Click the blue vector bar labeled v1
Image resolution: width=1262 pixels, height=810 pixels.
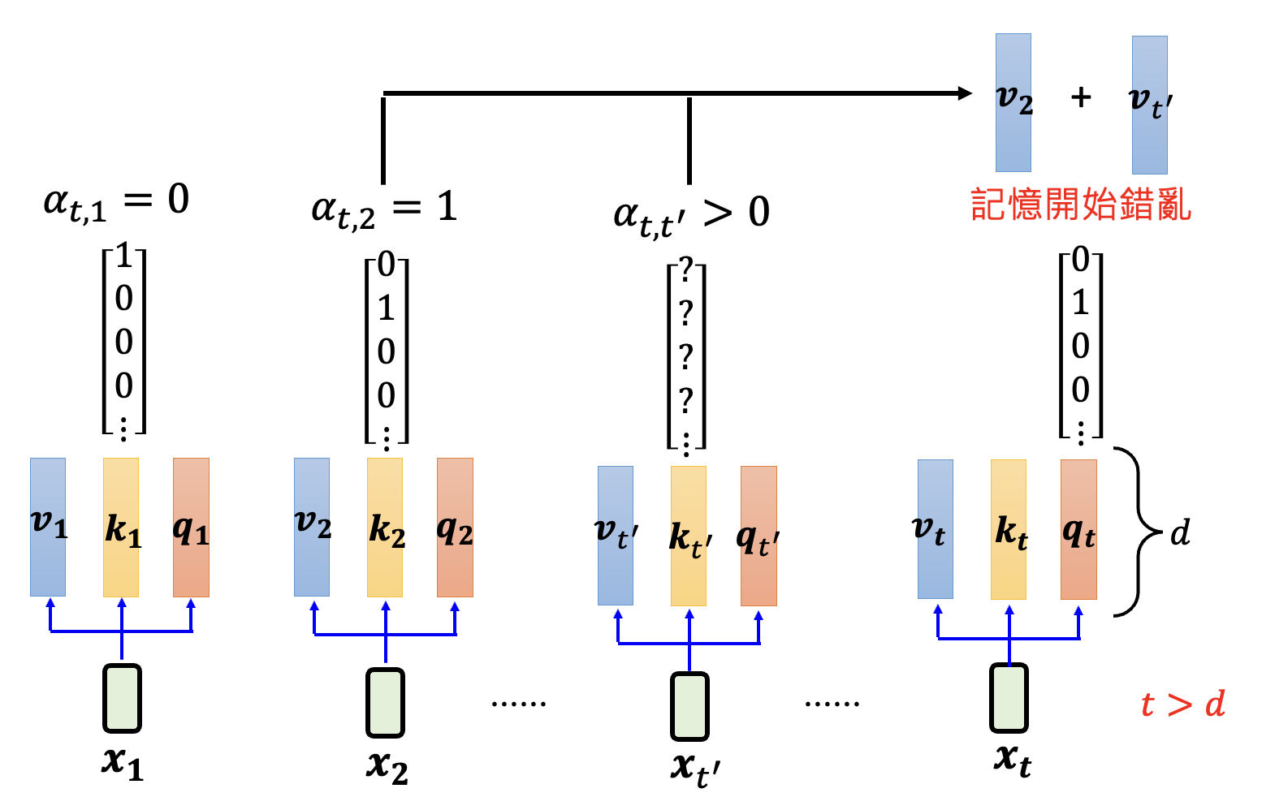click(x=48, y=527)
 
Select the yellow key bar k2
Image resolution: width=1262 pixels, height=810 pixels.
click(x=385, y=527)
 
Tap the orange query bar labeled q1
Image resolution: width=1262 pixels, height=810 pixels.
click(x=191, y=527)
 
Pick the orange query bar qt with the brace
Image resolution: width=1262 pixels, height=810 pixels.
click(x=1078, y=529)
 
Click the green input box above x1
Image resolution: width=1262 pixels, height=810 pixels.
click(x=122, y=698)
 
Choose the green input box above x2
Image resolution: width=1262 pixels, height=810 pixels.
click(x=385, y=702)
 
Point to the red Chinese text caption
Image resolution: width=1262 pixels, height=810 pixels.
click(x=1081, y=205)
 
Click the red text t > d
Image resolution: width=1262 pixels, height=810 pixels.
click(x=1182, y=704)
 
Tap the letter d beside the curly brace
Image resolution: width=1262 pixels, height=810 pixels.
click(x=1180, y=533)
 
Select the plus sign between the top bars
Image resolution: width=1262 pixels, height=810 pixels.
click(x=1081, y=97)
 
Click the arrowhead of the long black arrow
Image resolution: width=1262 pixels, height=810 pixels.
click(x=965, y=93)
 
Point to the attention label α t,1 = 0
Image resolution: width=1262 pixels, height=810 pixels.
click(x=116, y=201)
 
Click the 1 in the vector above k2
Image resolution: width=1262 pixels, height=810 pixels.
click(x=387, y=308)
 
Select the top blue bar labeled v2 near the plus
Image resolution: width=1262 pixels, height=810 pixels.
click(x=1013, y=102)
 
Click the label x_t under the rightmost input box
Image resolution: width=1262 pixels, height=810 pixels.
click(x=1012, y=760)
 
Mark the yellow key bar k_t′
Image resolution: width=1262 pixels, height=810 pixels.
click(x=689, y=536)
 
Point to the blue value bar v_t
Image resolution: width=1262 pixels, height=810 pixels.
click(x=935, y=529)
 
